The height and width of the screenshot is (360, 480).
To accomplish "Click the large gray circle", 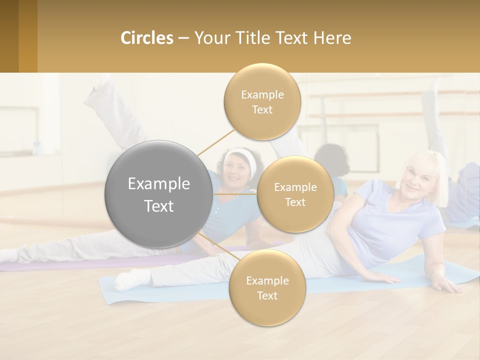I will (x=159, y=194).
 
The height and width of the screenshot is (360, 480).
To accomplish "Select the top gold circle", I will (x=262, y=101).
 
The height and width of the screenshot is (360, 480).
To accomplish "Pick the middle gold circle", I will (x=295, y=194).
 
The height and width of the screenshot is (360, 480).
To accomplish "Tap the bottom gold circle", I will (x=267, y=287).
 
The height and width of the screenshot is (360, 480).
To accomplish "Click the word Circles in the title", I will (x=146, y=38).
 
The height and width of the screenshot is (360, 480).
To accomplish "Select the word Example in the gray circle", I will (x=159, y=184).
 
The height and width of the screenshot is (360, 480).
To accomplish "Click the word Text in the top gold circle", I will (x=262, y=110).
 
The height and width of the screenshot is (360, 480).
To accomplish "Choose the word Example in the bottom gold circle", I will (x=267, y=280).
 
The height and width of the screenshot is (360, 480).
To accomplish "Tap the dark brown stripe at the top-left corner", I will (x=9, y=36).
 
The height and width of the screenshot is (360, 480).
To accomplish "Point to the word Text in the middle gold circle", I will (x=295, y=202).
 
